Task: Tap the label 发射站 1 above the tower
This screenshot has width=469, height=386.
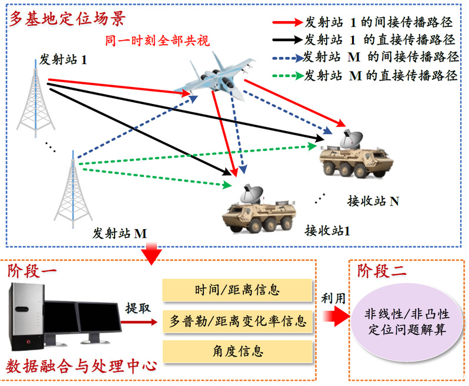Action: coord(63,59)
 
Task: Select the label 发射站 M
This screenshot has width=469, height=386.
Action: coord(119,233)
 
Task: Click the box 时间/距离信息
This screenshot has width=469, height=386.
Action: coord(236,290)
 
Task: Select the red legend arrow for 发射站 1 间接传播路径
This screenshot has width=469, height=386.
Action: coord(287,24)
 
